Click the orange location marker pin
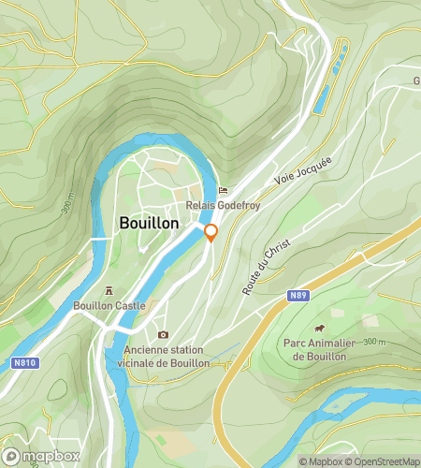pos(210,232)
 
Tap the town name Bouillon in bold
pos(150,224)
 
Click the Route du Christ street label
pos(266,265)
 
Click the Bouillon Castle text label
pos(110,304)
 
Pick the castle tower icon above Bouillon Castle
pos(110,290)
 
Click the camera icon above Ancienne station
pos(163,334)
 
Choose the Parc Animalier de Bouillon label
pos(320,349)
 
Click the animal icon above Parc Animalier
pos(320,329)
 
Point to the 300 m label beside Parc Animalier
pos(374,341)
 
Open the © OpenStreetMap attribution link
pos(381,461)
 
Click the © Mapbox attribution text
pos(320,461)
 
